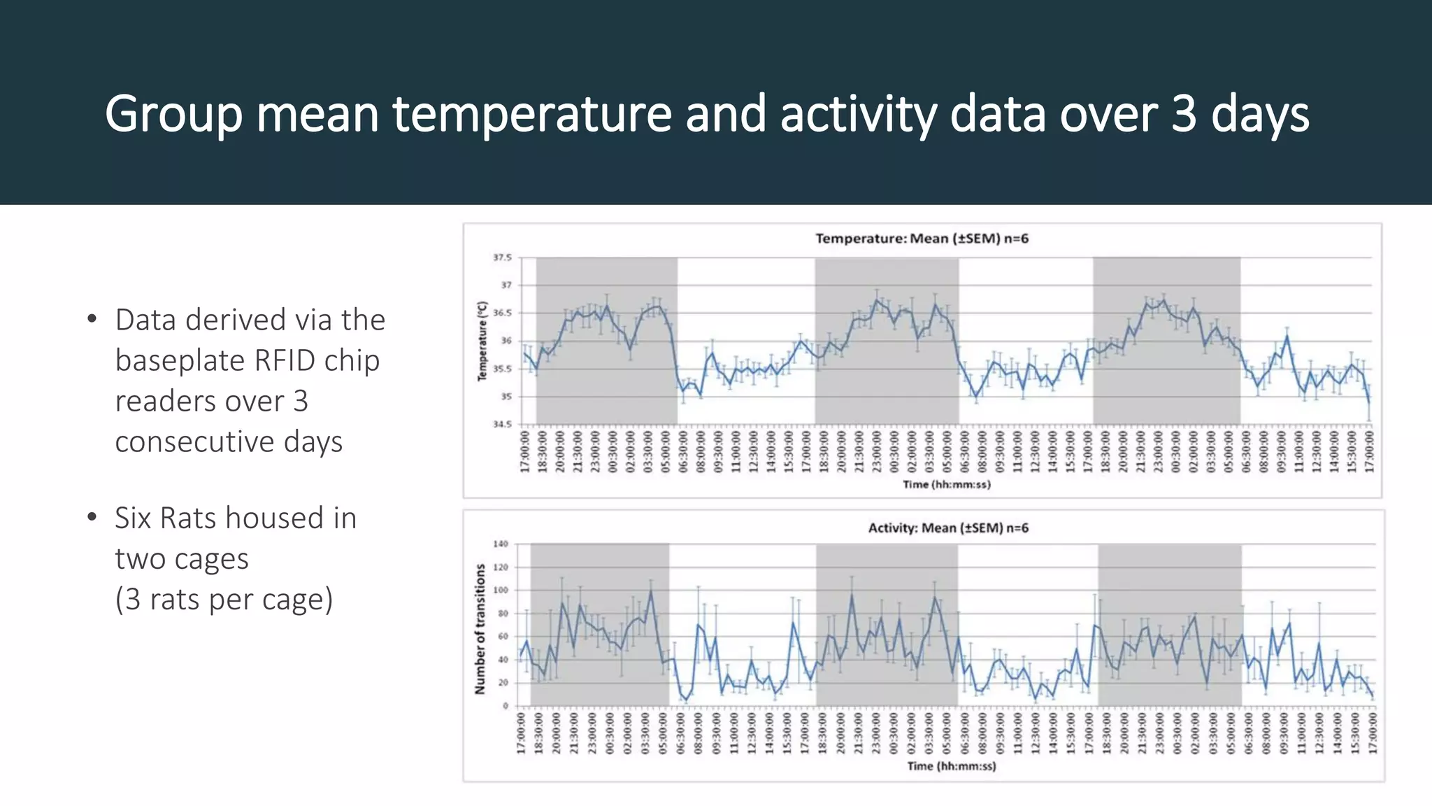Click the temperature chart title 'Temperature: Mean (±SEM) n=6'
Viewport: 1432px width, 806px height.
pyautogui.click(x=922, y=239)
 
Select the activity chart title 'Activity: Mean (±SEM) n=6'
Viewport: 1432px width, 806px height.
pyautogui.click(x=948, y=528)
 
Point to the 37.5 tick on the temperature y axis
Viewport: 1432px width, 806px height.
pyautogui.click(x=502, y=257)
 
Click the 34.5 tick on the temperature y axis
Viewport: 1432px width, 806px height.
pyautogui.click(x=502, y=424)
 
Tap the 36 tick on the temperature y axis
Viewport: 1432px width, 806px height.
pyautogui.click(x=506, y=341)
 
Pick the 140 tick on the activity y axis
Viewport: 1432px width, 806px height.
pyautogui.click(x=501, y=544)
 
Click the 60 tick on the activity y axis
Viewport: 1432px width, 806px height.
pyautogui.click(x=503, y=637)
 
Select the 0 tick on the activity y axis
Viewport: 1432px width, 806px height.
pyautogui.click(x=506, y=706)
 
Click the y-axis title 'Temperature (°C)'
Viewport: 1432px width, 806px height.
pyautogui.click(x=482, y=341)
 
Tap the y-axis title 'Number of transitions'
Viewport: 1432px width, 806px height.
pyautogui.click(x=480, y=629)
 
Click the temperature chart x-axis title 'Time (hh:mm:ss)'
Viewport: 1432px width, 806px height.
pyautogui.click(x=946, y=484)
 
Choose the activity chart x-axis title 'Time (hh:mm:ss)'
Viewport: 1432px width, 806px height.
pyautogui.click(x=951, y=766)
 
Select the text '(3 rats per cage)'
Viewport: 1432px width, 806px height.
pyautogui.click(x=224, y=600)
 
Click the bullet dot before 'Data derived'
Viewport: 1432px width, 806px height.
pyautogui.click(x=92, y=320)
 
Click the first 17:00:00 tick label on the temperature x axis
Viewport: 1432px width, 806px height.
pyautogui.click(x=525, y=452)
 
